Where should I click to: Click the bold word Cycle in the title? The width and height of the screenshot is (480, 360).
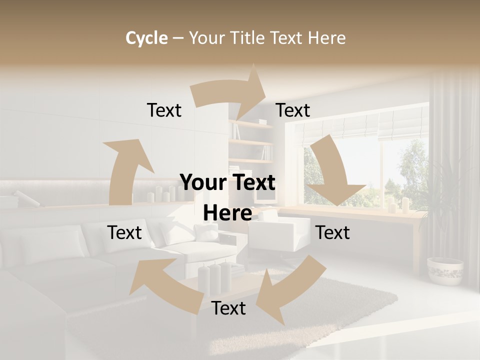(146, 38)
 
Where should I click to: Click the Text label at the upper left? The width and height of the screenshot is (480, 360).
(164, 110)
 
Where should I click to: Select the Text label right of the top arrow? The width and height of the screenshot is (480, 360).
(293, 110)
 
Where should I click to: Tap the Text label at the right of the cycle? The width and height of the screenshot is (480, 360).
(332, 232)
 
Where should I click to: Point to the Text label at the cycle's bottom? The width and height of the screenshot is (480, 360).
(228, 308)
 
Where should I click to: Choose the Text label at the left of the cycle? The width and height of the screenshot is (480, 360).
(124, 232)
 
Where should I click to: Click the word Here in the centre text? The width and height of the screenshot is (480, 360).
(227, 213)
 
